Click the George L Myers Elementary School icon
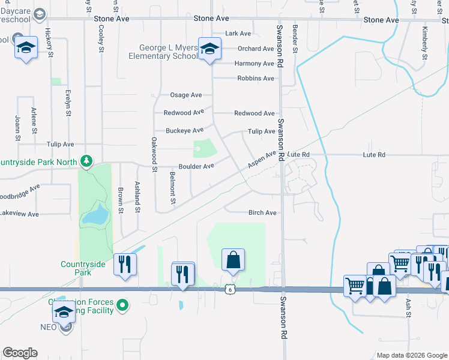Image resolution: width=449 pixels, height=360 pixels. click(x=209, y=50)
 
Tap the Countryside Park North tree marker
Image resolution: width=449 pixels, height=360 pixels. click(x=87, y=161)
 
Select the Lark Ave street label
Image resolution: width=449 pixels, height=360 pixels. click(x=238, y=34)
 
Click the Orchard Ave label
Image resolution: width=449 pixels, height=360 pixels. click(x=255, y=49)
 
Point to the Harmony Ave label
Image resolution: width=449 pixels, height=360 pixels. click(x=255, y=64)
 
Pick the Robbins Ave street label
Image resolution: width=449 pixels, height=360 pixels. click(x=256, y=79)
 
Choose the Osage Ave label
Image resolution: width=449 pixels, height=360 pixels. click(x=186, y=95)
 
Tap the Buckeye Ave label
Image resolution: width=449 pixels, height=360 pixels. click(x=185, y=130)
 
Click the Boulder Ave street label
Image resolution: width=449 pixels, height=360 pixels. click(x=196, y=166)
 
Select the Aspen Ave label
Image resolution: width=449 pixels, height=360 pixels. click(x=262, y=160)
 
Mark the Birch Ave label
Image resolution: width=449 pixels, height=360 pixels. click(x=262, y=212)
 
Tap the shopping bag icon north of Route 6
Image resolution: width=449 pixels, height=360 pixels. click(x=233, y=260)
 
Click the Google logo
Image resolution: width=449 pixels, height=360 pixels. click(x=20, y=353)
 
